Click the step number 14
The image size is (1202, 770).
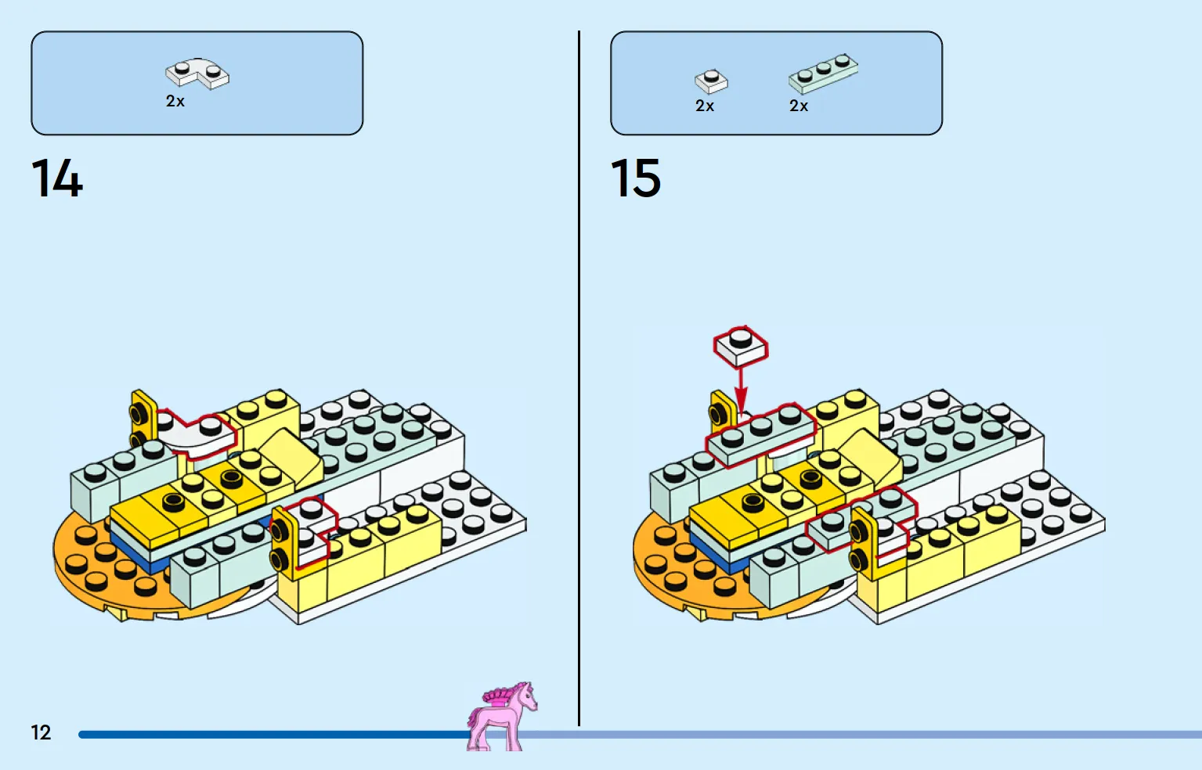(x=57, y=178)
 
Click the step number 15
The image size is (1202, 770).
(x=635, y=178)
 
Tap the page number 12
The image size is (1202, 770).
(x=41, y=732)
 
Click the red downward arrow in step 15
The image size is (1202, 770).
(x=741, y=390)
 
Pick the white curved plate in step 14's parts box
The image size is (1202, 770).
(x=197, y=73)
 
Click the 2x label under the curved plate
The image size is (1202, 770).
(x=175, y=101)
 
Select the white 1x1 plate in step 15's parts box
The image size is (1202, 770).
(x=711, y=81)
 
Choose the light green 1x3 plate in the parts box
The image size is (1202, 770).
(x=823, y=74)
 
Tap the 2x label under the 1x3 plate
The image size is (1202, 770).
(x=799, y=106)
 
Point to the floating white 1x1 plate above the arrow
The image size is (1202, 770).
(x=741, y=347)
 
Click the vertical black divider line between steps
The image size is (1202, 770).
(x=579, y=378)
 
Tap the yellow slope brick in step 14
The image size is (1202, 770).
(x=292, y=455)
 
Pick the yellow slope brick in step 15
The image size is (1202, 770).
(x=872, y=455)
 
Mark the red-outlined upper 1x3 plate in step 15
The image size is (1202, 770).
(x=761, y=435)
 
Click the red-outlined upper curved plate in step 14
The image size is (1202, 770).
(x=200, y=435)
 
